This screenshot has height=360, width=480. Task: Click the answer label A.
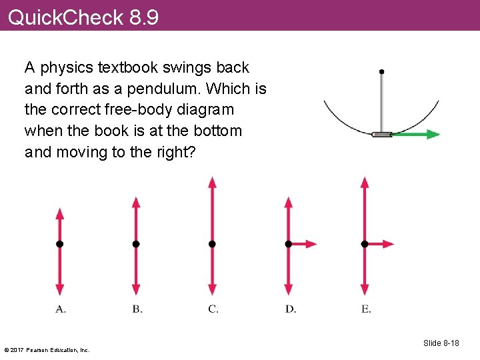pos(60,309)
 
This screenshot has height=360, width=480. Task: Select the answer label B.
pos(137,309)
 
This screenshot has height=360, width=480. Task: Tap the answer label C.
pos(213,309)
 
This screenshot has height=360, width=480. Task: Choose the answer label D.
pos(290,309)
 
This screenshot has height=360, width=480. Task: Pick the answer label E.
pos(366,309)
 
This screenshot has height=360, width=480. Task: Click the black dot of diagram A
pos(59,244)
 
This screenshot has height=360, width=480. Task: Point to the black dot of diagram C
pos(212,244)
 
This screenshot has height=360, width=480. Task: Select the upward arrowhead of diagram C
pos(212,182)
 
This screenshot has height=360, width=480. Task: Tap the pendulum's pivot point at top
pos(381,71)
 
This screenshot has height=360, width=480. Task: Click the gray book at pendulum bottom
pos(381,134)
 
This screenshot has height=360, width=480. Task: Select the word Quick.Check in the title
pos(65,17)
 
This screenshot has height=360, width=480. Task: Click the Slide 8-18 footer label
pos(441,343)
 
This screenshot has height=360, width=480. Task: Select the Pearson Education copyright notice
pos(47,349)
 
